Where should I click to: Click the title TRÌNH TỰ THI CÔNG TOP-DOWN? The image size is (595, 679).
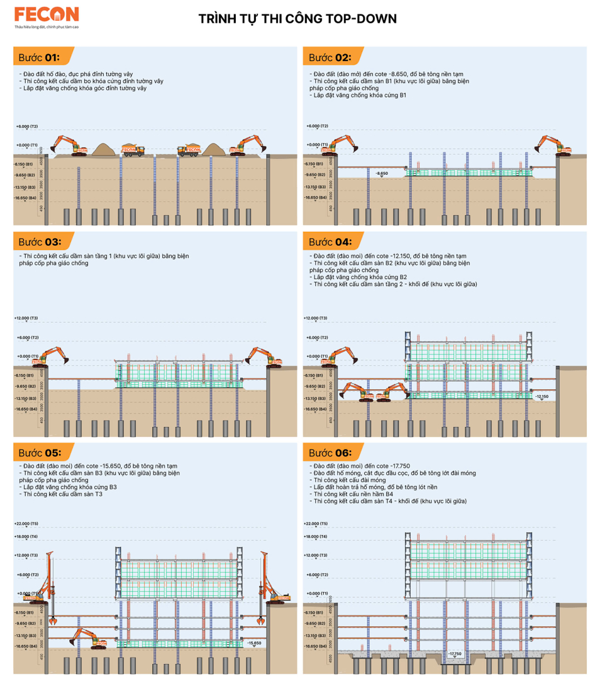coord(297,19)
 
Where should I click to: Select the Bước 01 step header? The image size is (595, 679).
coord(39,57)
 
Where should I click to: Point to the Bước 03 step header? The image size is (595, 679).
coord(39,242)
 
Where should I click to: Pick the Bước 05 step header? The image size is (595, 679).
coord(39,453)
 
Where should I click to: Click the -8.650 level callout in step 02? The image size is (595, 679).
coord(382,172)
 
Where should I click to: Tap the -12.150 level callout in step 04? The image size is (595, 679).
coord(542,397)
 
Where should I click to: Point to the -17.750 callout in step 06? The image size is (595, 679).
coord(454,654)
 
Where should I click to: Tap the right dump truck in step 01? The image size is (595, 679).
coord(189,150)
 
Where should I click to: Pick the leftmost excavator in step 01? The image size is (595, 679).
coord(69,145)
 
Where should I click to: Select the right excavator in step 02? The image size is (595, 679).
coord(553,145)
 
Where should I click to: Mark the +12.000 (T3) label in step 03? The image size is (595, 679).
coord(26,318)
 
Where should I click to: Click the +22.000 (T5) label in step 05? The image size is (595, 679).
coord(26,523)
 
